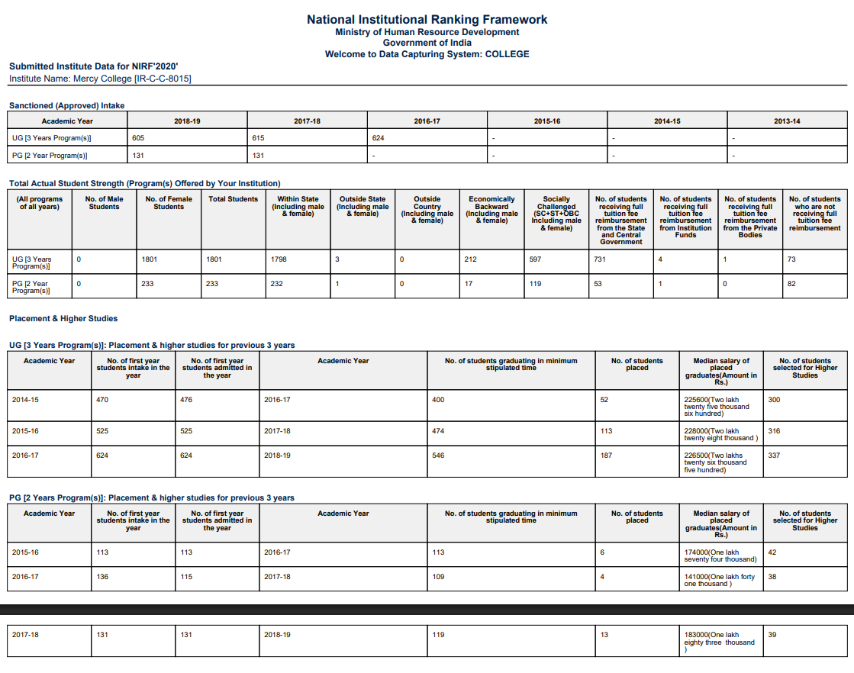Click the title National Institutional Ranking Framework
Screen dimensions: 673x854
pyautogui.click(x=427, y=19)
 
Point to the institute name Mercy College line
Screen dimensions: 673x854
pyautogui.click(x=100, y=79)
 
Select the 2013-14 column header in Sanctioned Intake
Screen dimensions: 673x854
pyautogui.click(x=786, y=121)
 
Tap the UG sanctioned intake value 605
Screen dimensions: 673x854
pyautogui.click(x=138, y=138)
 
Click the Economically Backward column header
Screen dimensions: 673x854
pyautogui.click(x=491, y=210)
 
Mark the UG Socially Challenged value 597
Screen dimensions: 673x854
pyautogui.click(x=535, y=259)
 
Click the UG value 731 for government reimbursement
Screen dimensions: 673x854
pyautogui.click(x=600, y=259)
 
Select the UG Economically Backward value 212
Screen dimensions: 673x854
pyautogui.click(x=470, y=259)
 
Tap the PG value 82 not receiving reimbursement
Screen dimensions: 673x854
pyautogui.click(x=792, y=284)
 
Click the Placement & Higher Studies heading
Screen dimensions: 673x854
pyautogui.click(x=63, y=318)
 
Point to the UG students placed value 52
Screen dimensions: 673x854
pyautogui.click(x=604, y=400)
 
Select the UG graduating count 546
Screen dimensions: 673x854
pyautogui.click(x=438, y=456)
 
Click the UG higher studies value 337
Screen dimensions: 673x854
pyautogui.click(x=774, y=456)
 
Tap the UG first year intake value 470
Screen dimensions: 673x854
pyautogui.click(x=102, y=400)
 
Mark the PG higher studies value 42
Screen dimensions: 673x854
pyautogui.click(x=772, y=552)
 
